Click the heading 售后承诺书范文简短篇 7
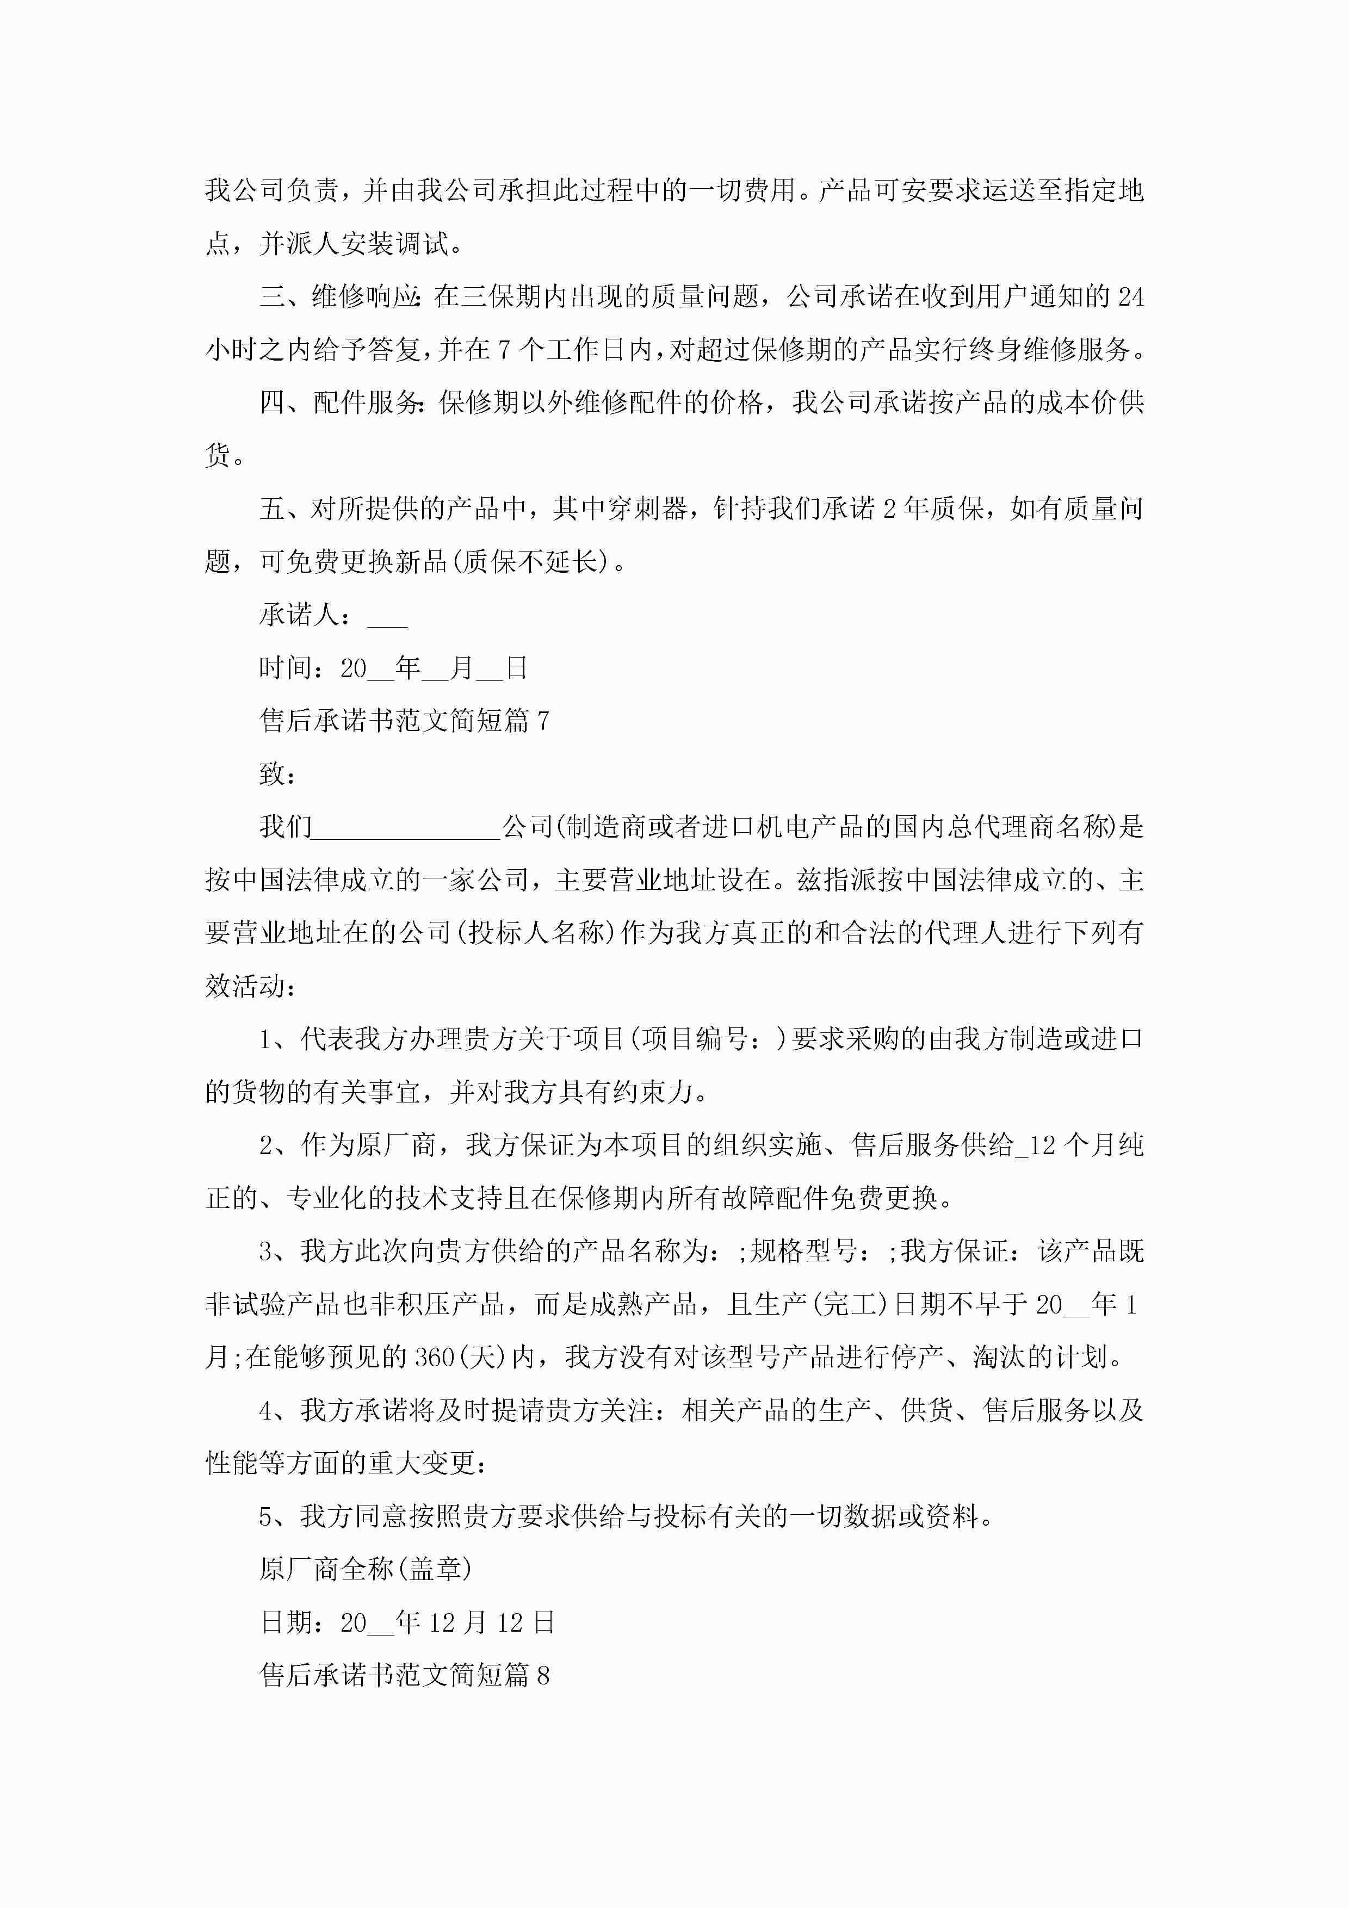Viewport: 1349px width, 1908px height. (404, 721)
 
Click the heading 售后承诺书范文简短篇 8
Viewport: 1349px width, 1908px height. (404, 1675)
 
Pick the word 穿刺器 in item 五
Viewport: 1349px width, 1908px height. (647, 509)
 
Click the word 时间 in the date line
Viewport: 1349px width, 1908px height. (286, 667)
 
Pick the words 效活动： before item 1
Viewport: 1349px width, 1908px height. (251, 987)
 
